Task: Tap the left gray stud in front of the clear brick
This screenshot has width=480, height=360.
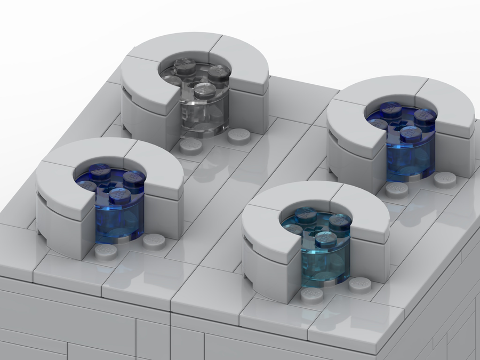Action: (190, 146)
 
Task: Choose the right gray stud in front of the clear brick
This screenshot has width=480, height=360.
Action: (239, 135)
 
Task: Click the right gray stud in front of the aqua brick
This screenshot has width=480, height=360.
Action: (360, 285)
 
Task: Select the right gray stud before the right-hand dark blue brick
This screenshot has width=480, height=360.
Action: (444, 179)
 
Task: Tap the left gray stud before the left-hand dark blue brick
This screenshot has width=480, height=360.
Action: (107, 251)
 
